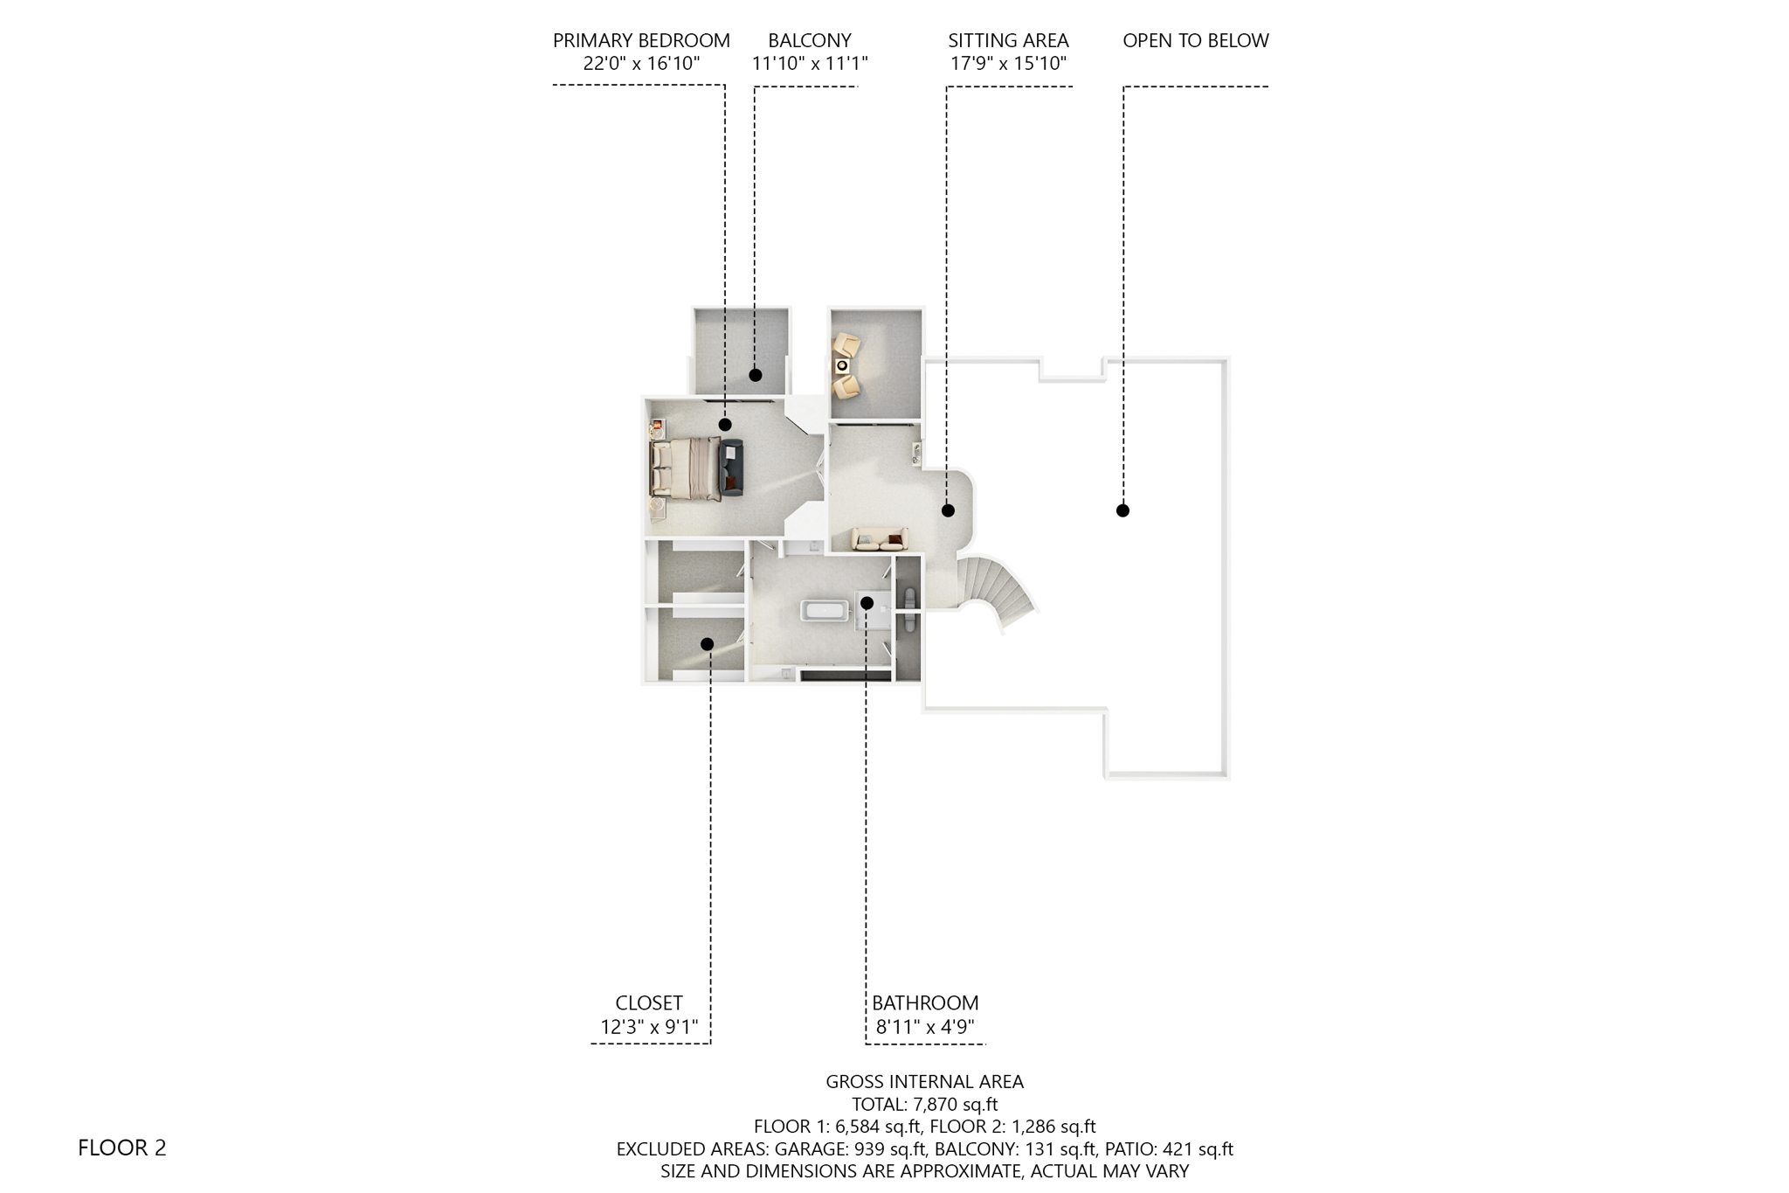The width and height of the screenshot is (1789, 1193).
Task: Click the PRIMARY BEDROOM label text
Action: coord(641,41)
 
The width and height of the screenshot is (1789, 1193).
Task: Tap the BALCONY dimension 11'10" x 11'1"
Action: coord(809,64)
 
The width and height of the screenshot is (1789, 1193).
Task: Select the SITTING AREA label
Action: coord(1008,41)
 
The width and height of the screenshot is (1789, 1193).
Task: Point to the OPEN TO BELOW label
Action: coord(1195,41)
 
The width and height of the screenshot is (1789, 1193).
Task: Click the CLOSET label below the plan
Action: coord(648,1003)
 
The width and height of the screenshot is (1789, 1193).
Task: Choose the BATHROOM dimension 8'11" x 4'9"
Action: coord(925,1027)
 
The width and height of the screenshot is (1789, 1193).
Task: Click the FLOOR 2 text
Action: coord(121,1148)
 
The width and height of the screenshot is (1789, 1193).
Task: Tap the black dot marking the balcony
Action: coord(756,375)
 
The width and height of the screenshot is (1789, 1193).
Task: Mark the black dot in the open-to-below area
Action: coord(1122,510)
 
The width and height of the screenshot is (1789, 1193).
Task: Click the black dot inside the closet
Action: coord(707,644)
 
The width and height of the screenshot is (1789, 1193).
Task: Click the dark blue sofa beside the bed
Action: coord(731,468)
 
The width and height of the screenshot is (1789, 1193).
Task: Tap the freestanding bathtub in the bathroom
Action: coord(825,610)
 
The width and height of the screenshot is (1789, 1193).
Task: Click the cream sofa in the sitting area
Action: coord(879,538)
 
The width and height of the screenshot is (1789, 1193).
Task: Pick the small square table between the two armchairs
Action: coord(842,365)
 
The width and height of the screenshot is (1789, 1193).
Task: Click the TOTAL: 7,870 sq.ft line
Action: coord(924,1104)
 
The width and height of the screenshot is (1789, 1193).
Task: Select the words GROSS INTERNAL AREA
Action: coord(924,1081)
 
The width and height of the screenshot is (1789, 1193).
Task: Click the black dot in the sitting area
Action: coord(948,510)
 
